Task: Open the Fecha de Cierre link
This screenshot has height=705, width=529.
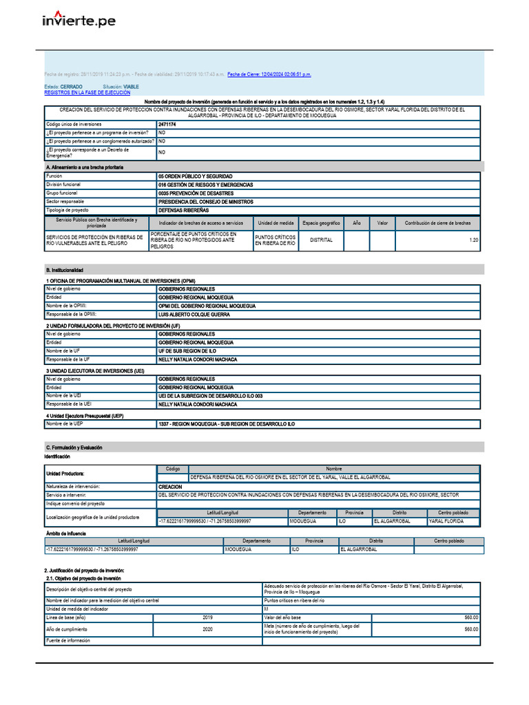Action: point(269,74)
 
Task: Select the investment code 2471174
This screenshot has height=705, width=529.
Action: point(167,124)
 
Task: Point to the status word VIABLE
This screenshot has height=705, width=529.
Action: point(131,87)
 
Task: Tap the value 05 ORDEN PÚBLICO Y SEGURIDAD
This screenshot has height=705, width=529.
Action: point(195,176)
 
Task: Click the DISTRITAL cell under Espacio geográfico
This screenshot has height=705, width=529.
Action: point(321,240)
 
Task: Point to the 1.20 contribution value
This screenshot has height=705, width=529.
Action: point(473,240)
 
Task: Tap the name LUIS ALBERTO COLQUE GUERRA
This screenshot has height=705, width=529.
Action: point(194,315)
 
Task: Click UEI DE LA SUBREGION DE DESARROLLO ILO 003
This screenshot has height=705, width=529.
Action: point(209,396)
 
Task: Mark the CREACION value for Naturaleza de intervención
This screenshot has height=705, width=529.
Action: point(170,486)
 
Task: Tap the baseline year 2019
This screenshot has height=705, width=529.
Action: point(208,618)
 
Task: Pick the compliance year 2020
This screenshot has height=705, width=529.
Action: point(208,629)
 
